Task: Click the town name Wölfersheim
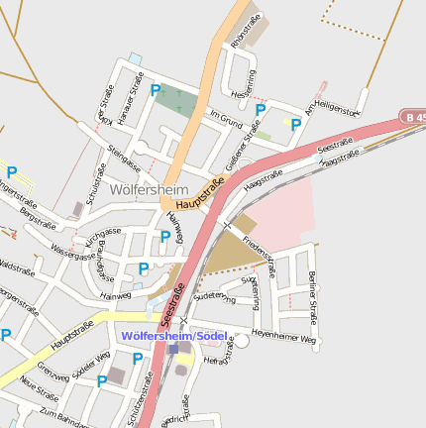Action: point(143,188)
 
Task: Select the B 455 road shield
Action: point(413,117)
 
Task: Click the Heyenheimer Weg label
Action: point(283,337)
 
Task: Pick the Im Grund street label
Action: point(226,119)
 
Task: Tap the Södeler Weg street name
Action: point(89,369)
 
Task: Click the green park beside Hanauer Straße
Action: point(176,99)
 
